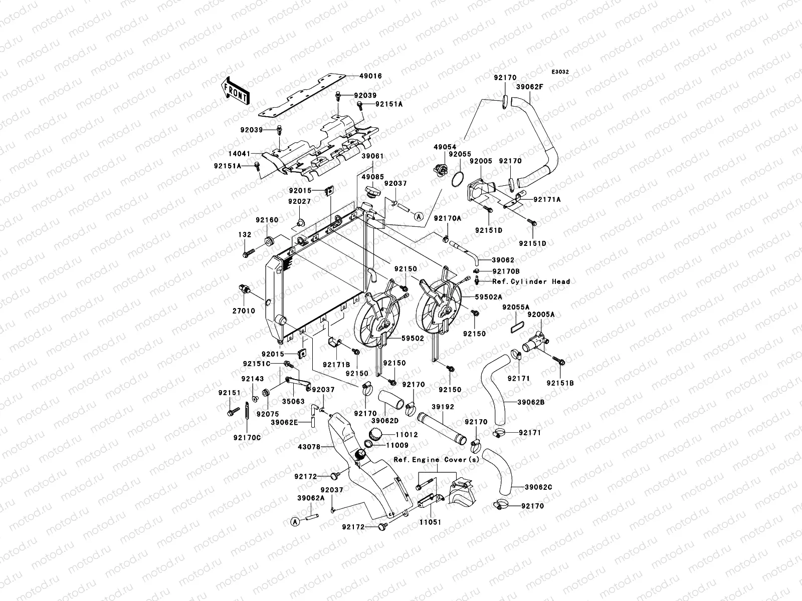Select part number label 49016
click(370, 76)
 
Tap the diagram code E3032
click(560, 72)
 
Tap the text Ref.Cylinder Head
click(531, 281)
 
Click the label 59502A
click(489, 297)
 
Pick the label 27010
click(244, 311)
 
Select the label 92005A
click(541, 314)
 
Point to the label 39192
click(443, 407)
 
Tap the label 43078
click(309, 447)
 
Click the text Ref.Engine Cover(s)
click(436, 460)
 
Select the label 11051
click(430, 522)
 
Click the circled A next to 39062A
click(295, 522)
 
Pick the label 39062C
click(538, 487)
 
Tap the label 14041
click(239, 154)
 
